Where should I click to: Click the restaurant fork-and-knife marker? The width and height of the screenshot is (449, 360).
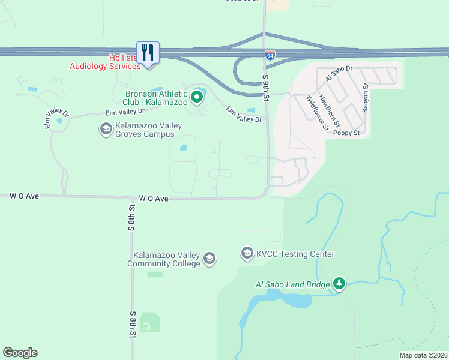coord(148,52)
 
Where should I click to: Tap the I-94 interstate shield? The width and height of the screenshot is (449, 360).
coord(270,55)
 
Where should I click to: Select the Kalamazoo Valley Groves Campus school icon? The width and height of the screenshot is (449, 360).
coord(106,129)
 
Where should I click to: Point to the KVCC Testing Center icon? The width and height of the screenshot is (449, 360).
coord(247,254)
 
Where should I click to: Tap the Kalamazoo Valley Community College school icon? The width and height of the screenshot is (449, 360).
coord(209,259)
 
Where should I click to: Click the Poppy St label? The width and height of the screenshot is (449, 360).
coord(346,133)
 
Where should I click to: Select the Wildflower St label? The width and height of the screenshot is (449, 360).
coord(317,113)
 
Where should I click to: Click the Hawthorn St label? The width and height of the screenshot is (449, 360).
coord(330,110)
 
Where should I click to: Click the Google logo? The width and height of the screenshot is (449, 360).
coord(20,353)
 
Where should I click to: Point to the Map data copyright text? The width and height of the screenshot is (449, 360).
coord(423,355)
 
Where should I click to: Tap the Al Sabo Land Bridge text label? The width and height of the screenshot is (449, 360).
coord(293,284)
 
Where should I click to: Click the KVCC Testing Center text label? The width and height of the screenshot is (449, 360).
coord(295,254)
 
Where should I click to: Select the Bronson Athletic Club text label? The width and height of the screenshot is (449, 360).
coord(156,98)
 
